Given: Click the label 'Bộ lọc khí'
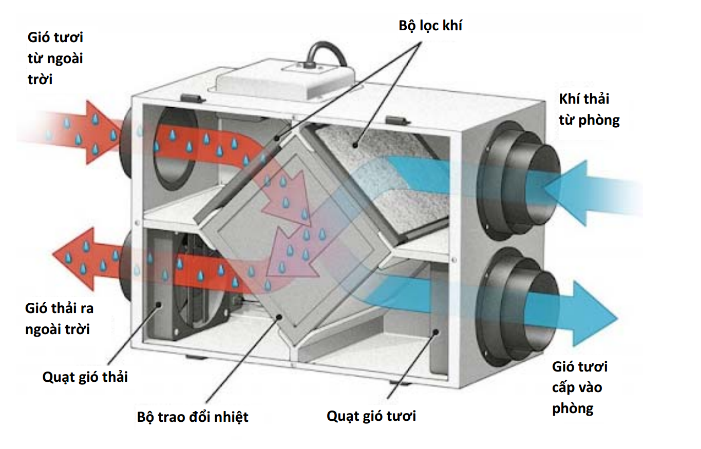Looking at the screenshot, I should tap(430, 25).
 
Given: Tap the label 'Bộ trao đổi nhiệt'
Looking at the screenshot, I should tap(193, 416).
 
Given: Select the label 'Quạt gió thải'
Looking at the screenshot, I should tap(85, 377).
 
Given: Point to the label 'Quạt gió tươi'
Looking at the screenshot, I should tap(371, 416).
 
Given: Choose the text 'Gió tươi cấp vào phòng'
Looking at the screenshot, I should tap(579, 387).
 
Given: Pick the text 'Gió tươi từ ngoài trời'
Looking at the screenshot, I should tap(55, 58).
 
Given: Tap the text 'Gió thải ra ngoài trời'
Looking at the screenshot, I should tap(60, 319).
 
